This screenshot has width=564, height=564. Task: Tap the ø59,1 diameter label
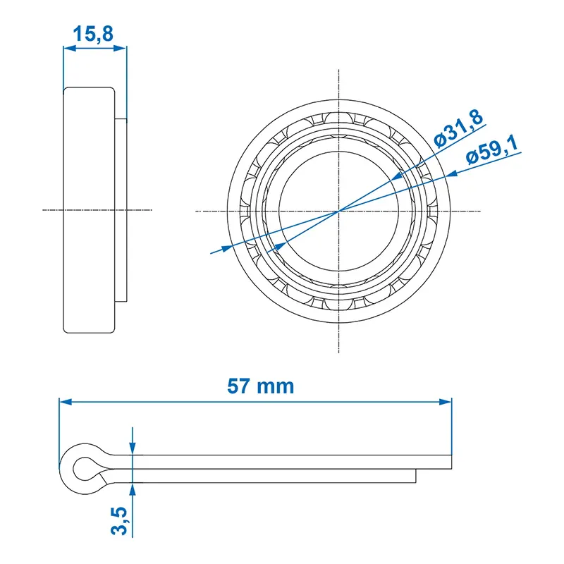(493, 151)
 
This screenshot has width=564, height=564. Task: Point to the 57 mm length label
(260, 386)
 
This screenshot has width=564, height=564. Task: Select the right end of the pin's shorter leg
(415, 476)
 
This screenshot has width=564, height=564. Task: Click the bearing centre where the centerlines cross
(341, 210)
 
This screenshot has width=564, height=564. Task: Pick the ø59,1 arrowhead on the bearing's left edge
(226, 247)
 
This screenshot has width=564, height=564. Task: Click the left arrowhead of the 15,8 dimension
(68, 48)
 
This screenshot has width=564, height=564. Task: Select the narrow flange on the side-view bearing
(121, 210)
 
